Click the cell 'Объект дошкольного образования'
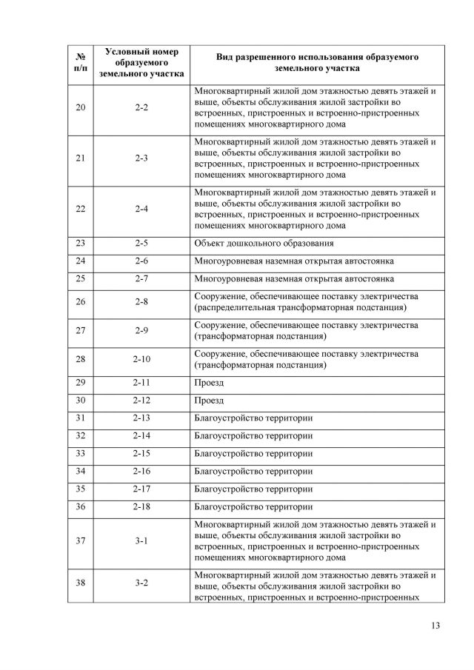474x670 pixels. [264, 244]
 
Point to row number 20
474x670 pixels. [81, 108]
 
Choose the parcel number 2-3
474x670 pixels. [142, 158]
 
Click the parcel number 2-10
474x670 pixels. [142, 360]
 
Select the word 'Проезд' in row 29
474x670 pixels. [209, 383]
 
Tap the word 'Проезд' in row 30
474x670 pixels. [209, 401]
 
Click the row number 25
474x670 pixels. [81, 279]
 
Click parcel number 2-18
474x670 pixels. [142, 507]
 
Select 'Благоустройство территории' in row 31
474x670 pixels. [253, 418]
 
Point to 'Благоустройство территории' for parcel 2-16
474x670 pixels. [253, 472]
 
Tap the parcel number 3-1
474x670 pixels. [142, 541]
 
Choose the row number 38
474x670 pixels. [81, 583]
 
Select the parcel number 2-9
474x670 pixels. [142, 331]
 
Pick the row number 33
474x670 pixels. [81, 454]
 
